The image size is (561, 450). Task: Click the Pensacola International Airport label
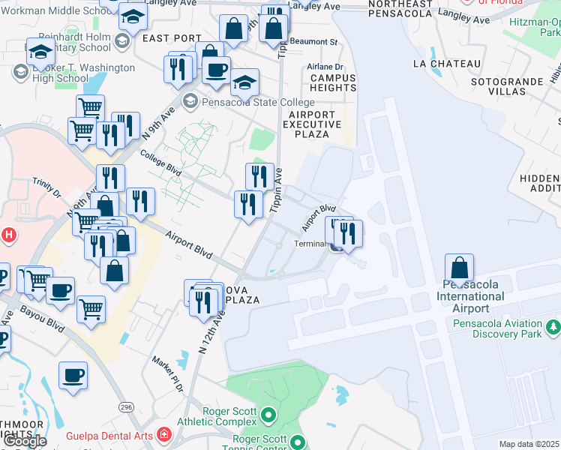point(476,296)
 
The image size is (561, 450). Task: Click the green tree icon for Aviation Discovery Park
point(553,326)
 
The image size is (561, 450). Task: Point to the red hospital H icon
point(8,235)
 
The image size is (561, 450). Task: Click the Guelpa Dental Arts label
point(109,436)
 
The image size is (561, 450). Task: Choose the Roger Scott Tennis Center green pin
point(298,442)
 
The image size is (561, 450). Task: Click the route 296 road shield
point(125,406)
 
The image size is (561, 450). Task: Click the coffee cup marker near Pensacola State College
point(217,70)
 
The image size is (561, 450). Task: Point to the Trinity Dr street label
point(46,187)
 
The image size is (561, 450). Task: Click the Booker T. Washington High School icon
point(20,73)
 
